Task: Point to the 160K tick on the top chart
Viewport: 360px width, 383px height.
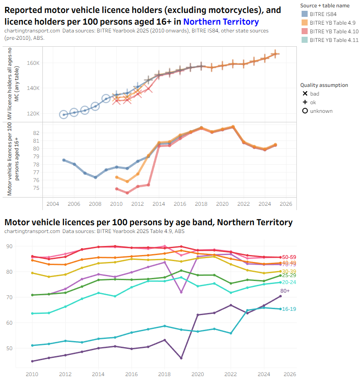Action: [x=33, y=63]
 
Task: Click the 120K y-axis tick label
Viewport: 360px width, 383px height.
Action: [x=33, y=114]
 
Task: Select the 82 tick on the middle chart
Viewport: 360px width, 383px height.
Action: [x=36, y=133]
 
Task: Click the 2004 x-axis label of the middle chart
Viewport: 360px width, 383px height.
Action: [x=53, y=204]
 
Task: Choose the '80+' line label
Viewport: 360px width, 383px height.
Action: [x=285, y=291]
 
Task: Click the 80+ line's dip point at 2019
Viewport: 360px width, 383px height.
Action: [x=181, y=358]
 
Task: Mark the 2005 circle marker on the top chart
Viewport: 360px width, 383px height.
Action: [x=64, y=115]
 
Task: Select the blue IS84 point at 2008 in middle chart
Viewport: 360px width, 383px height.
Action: [x=95, y=177]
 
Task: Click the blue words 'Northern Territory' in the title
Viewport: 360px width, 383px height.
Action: [x=221, y=22]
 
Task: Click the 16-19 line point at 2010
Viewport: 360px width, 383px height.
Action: [x=32, y=345]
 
